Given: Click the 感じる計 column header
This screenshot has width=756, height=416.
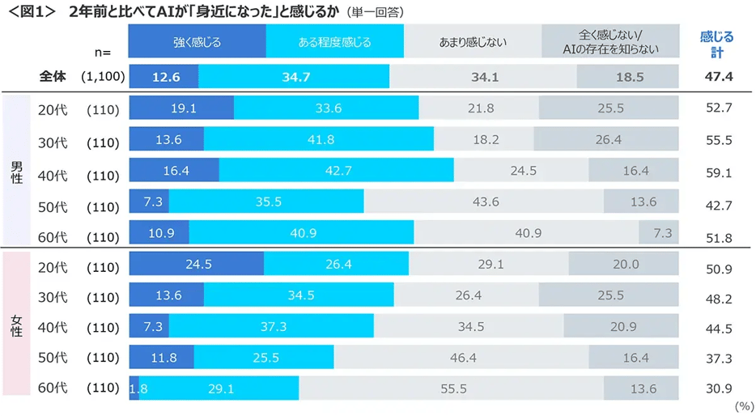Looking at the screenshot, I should coord(716,45).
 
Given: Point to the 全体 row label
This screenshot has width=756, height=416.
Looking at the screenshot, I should coord(53,77).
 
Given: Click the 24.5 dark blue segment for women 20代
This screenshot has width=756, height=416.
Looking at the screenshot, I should coord(196,264).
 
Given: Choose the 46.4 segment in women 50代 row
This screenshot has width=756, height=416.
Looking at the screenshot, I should coord(461,357).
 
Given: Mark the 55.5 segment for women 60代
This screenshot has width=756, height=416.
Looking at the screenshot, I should coord(453,388).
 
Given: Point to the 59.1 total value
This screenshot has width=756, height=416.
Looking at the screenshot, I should coord(718,172).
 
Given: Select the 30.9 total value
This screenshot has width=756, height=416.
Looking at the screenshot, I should coord(718,388).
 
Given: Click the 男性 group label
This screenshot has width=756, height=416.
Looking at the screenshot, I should coord(16,172).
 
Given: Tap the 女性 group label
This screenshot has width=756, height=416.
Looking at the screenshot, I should coord(16,326).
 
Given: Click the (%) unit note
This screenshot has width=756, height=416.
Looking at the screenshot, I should coord(742,407).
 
